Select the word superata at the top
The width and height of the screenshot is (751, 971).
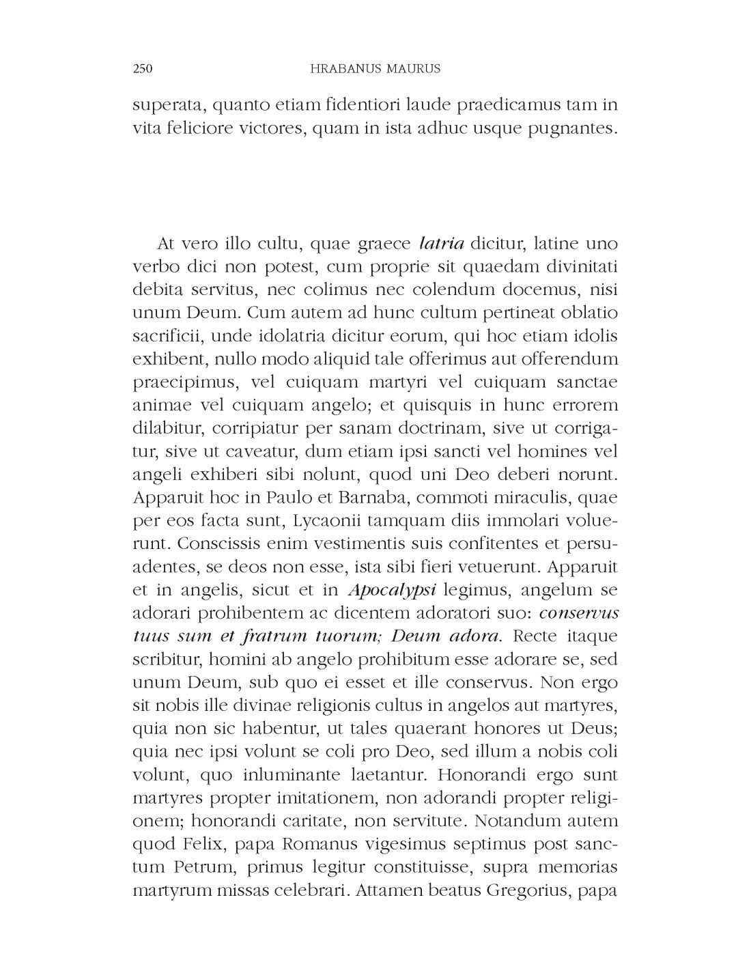tap(167, 105)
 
